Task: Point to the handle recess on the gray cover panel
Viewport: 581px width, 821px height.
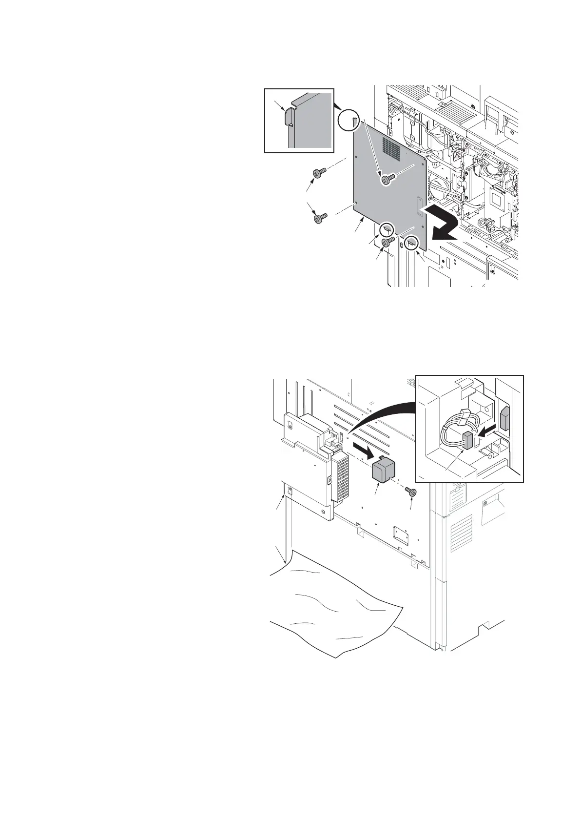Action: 420,206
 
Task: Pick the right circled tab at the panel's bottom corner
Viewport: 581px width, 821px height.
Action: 412,241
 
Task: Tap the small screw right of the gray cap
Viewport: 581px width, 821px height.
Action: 411,493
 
